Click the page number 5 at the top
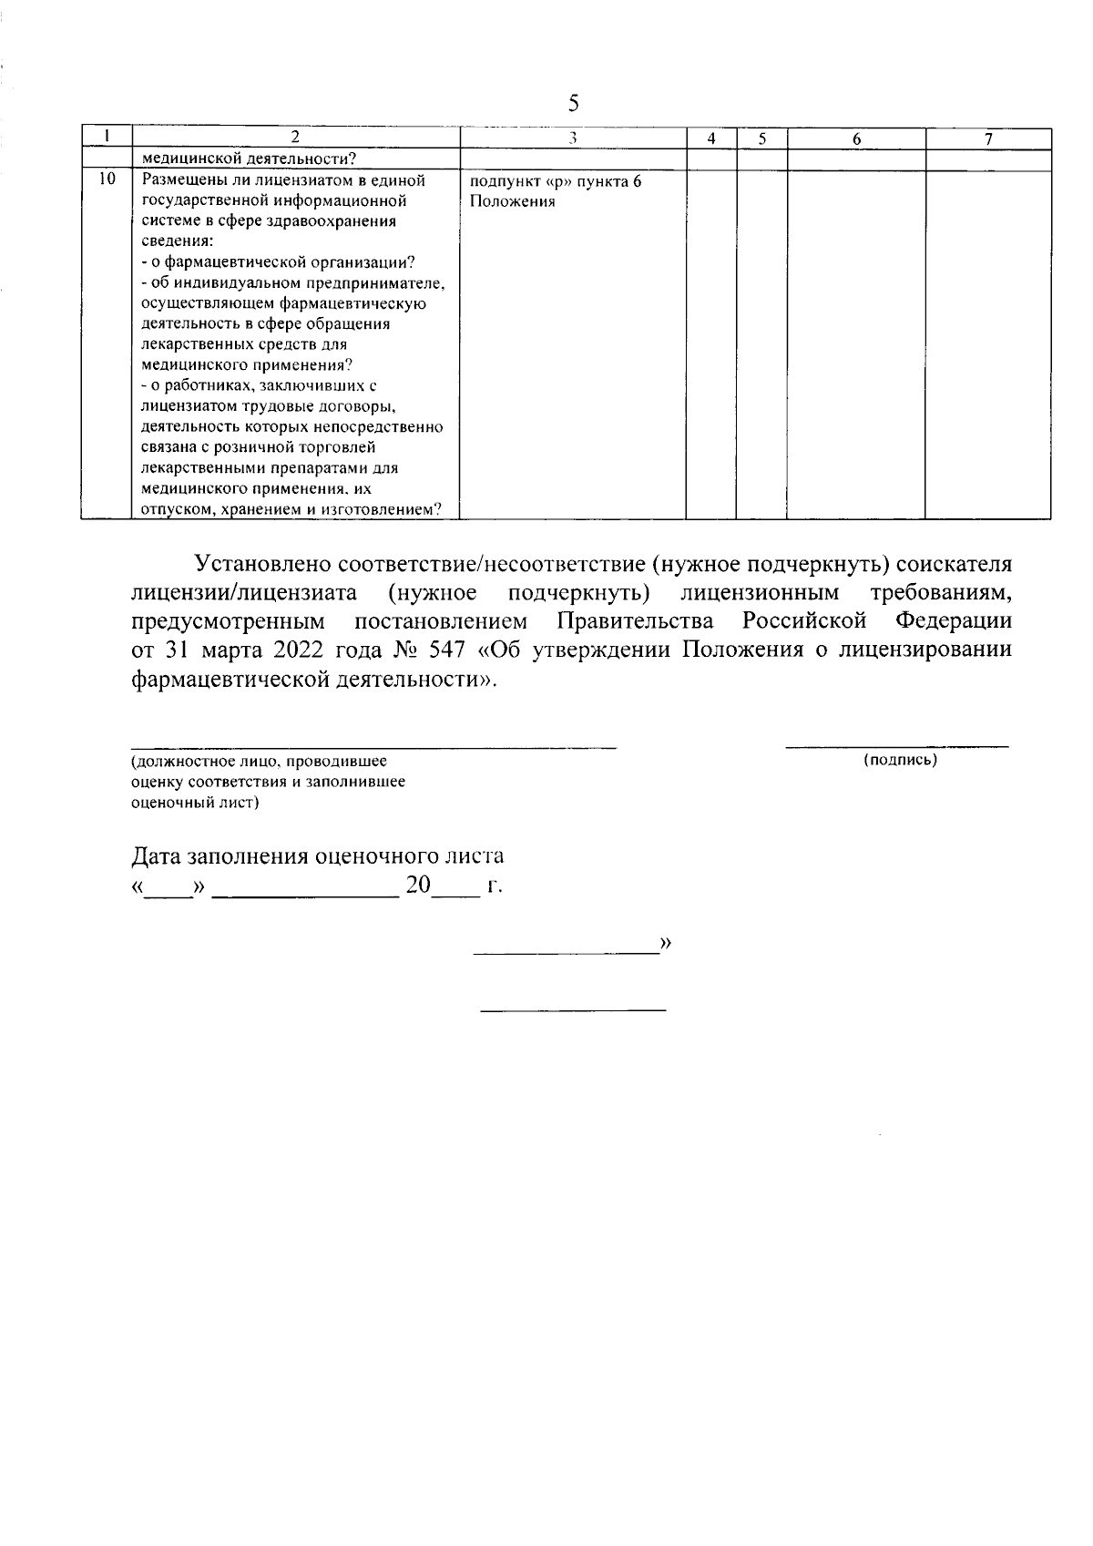573,103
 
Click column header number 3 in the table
572,138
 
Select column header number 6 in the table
856,138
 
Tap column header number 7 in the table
988,138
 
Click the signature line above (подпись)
897,747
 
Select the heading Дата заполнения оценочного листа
318,856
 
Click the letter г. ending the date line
495,886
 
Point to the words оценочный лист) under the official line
195,803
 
